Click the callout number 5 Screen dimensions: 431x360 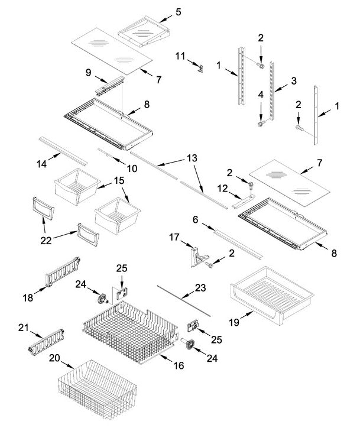[179, 11]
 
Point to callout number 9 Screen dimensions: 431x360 [88, 73]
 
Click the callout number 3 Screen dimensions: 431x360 [294, 80]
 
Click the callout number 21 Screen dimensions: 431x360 [24, 328]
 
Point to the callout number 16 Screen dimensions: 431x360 [179, 366]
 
